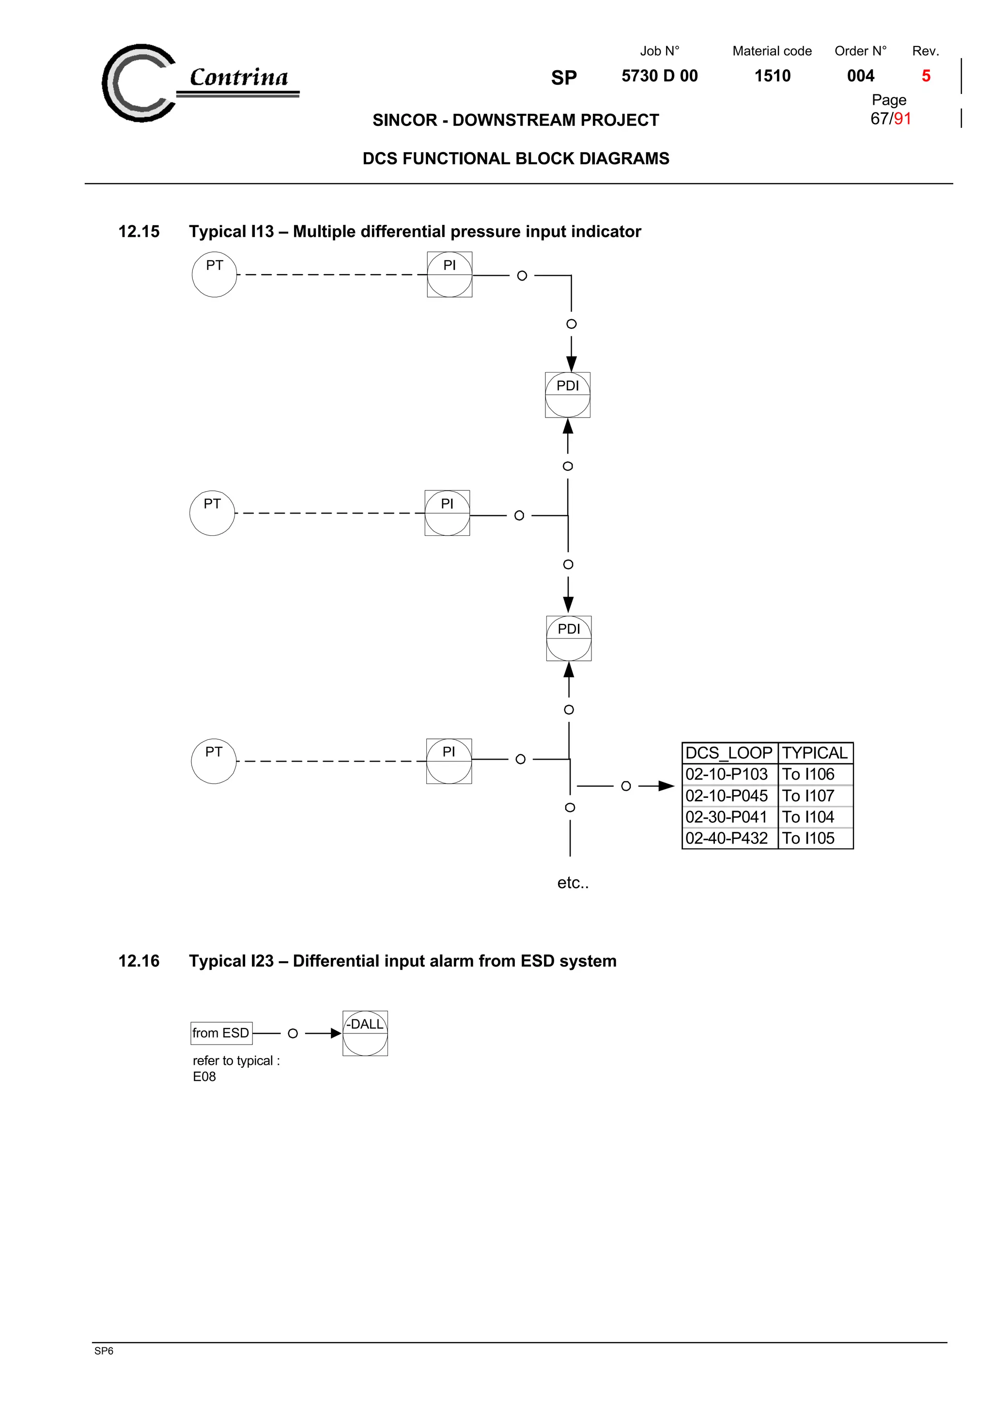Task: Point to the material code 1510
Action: (772, 76)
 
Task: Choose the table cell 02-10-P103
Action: (726, 774)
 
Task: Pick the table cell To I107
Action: (808, 796)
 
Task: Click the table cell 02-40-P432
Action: (726, 838)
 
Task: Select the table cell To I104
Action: (808, 817)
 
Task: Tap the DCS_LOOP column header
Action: (728, 753)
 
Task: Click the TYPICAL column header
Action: (814, 753)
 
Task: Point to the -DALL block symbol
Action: (365, 1033)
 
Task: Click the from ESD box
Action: (221, 1033)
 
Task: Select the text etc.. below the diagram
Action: (573, 883)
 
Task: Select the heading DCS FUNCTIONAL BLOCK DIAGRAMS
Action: (515, 159)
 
